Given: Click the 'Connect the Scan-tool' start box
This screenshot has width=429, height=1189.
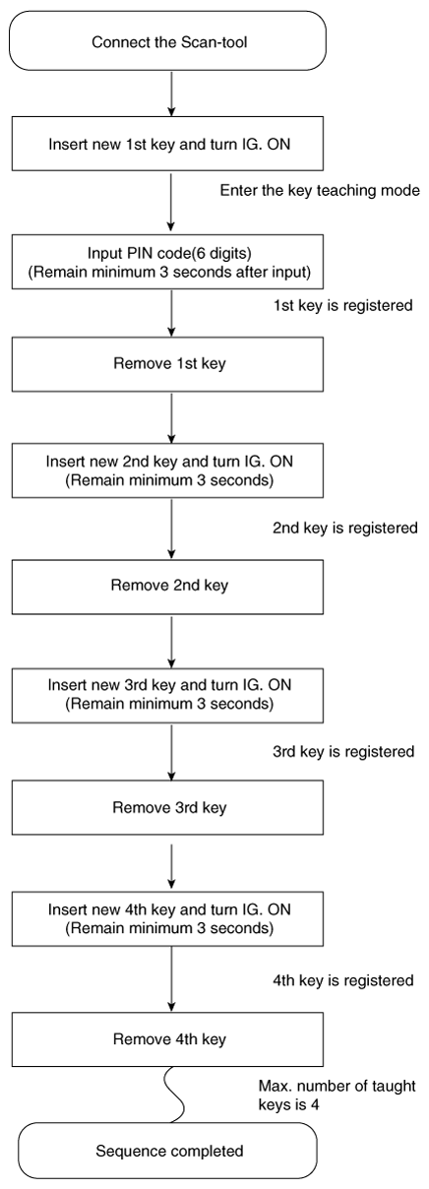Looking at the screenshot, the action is (x=168, y=41).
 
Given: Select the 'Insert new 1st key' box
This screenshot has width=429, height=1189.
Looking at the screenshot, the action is (x=168, y=144).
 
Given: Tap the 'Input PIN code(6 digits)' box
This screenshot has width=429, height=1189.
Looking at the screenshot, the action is (x=168, y=262).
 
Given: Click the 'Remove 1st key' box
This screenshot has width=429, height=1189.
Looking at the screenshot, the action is (x=168, y=364).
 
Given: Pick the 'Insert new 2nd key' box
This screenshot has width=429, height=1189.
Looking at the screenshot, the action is (x=168, y=470).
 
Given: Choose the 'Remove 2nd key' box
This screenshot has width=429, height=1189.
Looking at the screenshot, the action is (x=168, y=587).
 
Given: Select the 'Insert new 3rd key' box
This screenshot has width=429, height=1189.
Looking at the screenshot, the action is (x=168, y=695).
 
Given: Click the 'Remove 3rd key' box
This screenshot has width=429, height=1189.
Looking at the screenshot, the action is (x=168, y=807).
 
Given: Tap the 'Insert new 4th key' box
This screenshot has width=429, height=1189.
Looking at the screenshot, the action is (x=168, y=918).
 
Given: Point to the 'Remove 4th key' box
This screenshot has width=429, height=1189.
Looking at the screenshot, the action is (x=168, y=1038).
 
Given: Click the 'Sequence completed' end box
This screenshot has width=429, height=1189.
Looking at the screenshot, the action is (x=168, y=1151).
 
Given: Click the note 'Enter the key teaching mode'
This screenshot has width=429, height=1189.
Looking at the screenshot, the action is (x=320, y=191).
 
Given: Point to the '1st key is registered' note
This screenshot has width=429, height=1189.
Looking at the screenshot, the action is (x=343, y=306).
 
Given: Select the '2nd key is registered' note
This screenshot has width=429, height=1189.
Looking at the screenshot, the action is (x=345, y=529).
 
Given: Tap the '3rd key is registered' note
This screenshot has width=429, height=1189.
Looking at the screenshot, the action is (x=343, y=752).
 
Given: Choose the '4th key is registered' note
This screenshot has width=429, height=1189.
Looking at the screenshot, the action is (x=343, y=980).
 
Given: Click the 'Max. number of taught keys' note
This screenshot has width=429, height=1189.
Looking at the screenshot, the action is (x=337, y=1095).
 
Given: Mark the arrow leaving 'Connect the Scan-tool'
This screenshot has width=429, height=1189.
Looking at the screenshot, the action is (x=171, y=94).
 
